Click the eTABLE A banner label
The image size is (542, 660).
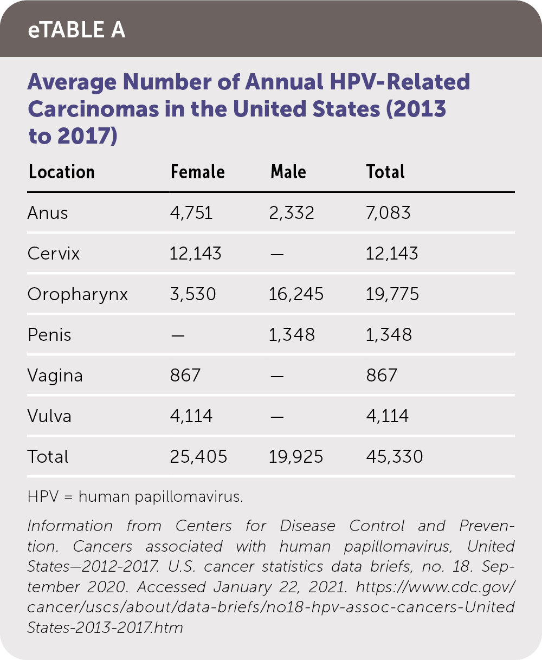coord(76,30)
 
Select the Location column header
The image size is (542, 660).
coord(61,172)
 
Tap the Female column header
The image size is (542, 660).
coord(197,172)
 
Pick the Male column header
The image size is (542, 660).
coord(288,172)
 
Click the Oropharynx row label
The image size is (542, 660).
coord(78,294)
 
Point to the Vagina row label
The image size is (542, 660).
coord(55,376)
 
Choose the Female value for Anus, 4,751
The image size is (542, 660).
coord(191,213)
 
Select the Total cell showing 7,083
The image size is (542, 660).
coord(388,213)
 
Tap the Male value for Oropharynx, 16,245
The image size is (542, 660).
coord(296,294)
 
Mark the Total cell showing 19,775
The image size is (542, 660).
coord(392,294)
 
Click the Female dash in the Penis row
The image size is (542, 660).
coord(177,335)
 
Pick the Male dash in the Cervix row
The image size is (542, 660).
coord(277,254)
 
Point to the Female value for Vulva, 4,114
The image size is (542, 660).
coord(191,416)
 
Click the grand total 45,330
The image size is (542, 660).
coord(394,457)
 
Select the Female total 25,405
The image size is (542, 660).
coord(198,457)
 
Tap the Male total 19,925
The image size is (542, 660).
coord(296,457)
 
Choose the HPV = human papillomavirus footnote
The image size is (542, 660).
coord(135,497)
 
